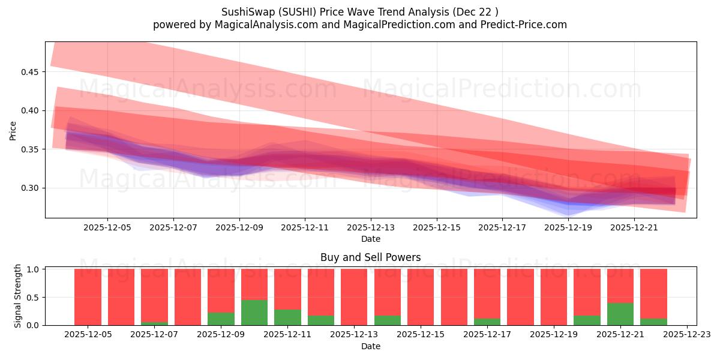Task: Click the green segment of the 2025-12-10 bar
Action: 254,313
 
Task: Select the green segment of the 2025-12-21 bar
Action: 620,314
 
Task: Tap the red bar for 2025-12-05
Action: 88,297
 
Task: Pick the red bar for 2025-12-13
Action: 354,297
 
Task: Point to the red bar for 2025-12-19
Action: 554,297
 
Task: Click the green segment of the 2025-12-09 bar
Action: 221,319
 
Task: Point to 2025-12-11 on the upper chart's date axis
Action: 305,228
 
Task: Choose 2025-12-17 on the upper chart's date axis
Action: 502,228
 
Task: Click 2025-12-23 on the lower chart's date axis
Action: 686,335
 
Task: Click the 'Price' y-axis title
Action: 13,130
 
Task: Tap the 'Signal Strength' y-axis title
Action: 18,296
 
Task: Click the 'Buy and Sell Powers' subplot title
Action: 370,257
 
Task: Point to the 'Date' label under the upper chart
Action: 370,239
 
